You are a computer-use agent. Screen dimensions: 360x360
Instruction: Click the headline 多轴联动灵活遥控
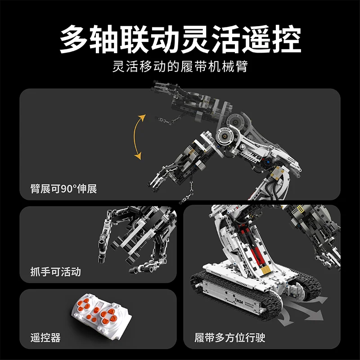180,40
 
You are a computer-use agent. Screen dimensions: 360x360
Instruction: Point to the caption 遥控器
45,337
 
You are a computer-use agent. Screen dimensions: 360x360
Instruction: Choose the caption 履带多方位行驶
230,337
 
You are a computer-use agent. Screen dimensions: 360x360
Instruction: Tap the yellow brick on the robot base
266,270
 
